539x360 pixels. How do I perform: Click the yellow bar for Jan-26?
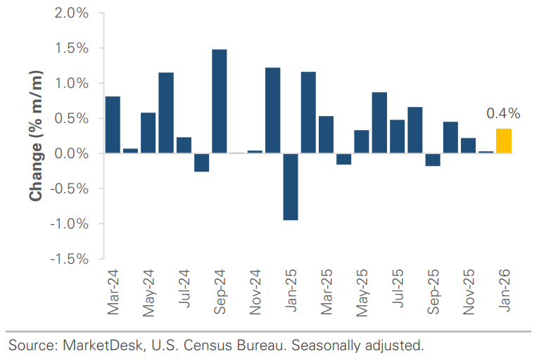click(504, 141)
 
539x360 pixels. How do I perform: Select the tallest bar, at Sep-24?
click(219, 101)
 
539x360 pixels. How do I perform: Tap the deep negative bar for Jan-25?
click(290, 186)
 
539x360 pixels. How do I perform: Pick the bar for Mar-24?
click(113, 124)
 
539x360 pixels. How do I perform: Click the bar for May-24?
click(148, 133)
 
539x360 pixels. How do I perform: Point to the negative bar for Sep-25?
click(433, 160)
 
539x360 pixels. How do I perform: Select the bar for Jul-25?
click(397, 136)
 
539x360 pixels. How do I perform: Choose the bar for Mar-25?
click(326, 134)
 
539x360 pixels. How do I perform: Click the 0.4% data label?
click(503, 113)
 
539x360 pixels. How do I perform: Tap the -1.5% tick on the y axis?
click(69, 259)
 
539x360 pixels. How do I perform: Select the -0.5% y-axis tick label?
click(69, 188)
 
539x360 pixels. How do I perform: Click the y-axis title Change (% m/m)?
click(37, 136)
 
